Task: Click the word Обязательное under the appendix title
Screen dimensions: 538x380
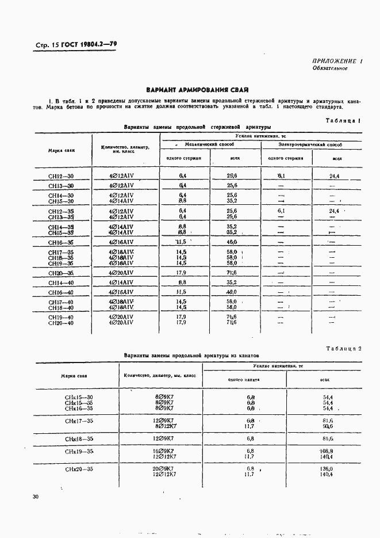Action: [329, 68]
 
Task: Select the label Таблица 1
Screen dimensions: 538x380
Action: [343, 121]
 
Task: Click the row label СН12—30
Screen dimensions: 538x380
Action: [61, 175]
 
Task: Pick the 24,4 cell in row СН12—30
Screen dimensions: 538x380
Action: [335, 175]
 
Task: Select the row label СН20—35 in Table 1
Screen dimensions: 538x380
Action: [61, 273]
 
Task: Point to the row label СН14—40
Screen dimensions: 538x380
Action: [61, 283]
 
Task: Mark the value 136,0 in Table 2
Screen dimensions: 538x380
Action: [327, 468]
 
